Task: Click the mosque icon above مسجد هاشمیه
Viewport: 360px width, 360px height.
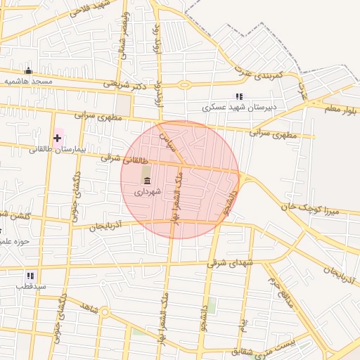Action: (29, 70)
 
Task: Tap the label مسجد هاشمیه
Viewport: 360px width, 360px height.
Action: (30, 82)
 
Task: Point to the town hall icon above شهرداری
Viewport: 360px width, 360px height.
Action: (147, 181)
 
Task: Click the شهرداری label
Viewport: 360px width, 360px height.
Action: (148, 191)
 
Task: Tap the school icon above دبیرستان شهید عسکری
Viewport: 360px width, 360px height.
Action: (239, 96)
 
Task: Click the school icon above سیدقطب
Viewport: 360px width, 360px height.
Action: (30, 276)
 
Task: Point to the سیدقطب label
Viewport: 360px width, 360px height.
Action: (32, 287)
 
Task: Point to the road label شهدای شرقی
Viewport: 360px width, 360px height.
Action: (233, 262)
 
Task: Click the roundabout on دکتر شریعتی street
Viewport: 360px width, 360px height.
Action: (184, 85)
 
